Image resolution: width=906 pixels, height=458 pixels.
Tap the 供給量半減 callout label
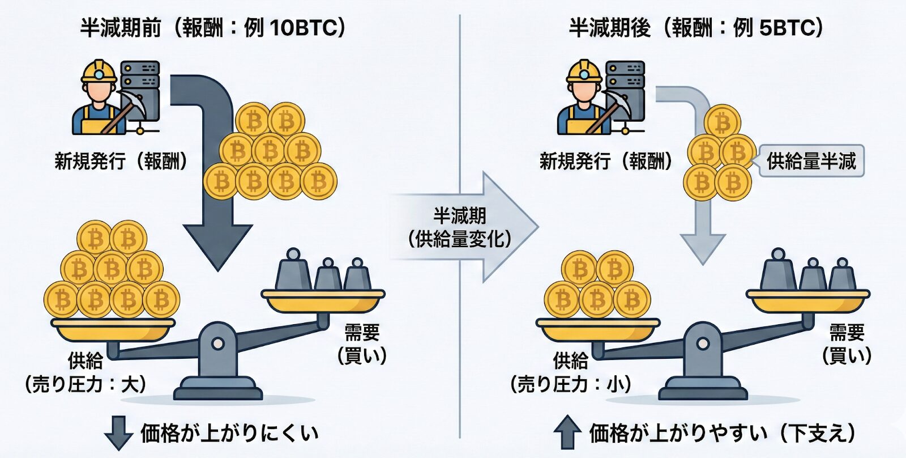(x=811, y=161)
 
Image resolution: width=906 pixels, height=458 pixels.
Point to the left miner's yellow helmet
(x=99, y=71)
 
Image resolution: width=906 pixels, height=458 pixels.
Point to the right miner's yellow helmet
(x=584, y=71)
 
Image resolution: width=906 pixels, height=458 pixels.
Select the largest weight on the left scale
(x=293, y=271)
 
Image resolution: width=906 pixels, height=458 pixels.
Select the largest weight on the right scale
(x=779, y=271)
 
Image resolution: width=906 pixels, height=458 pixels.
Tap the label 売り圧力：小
(x=571, y=385)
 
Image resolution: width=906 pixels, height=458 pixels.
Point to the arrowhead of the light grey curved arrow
(x=702, y=247)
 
